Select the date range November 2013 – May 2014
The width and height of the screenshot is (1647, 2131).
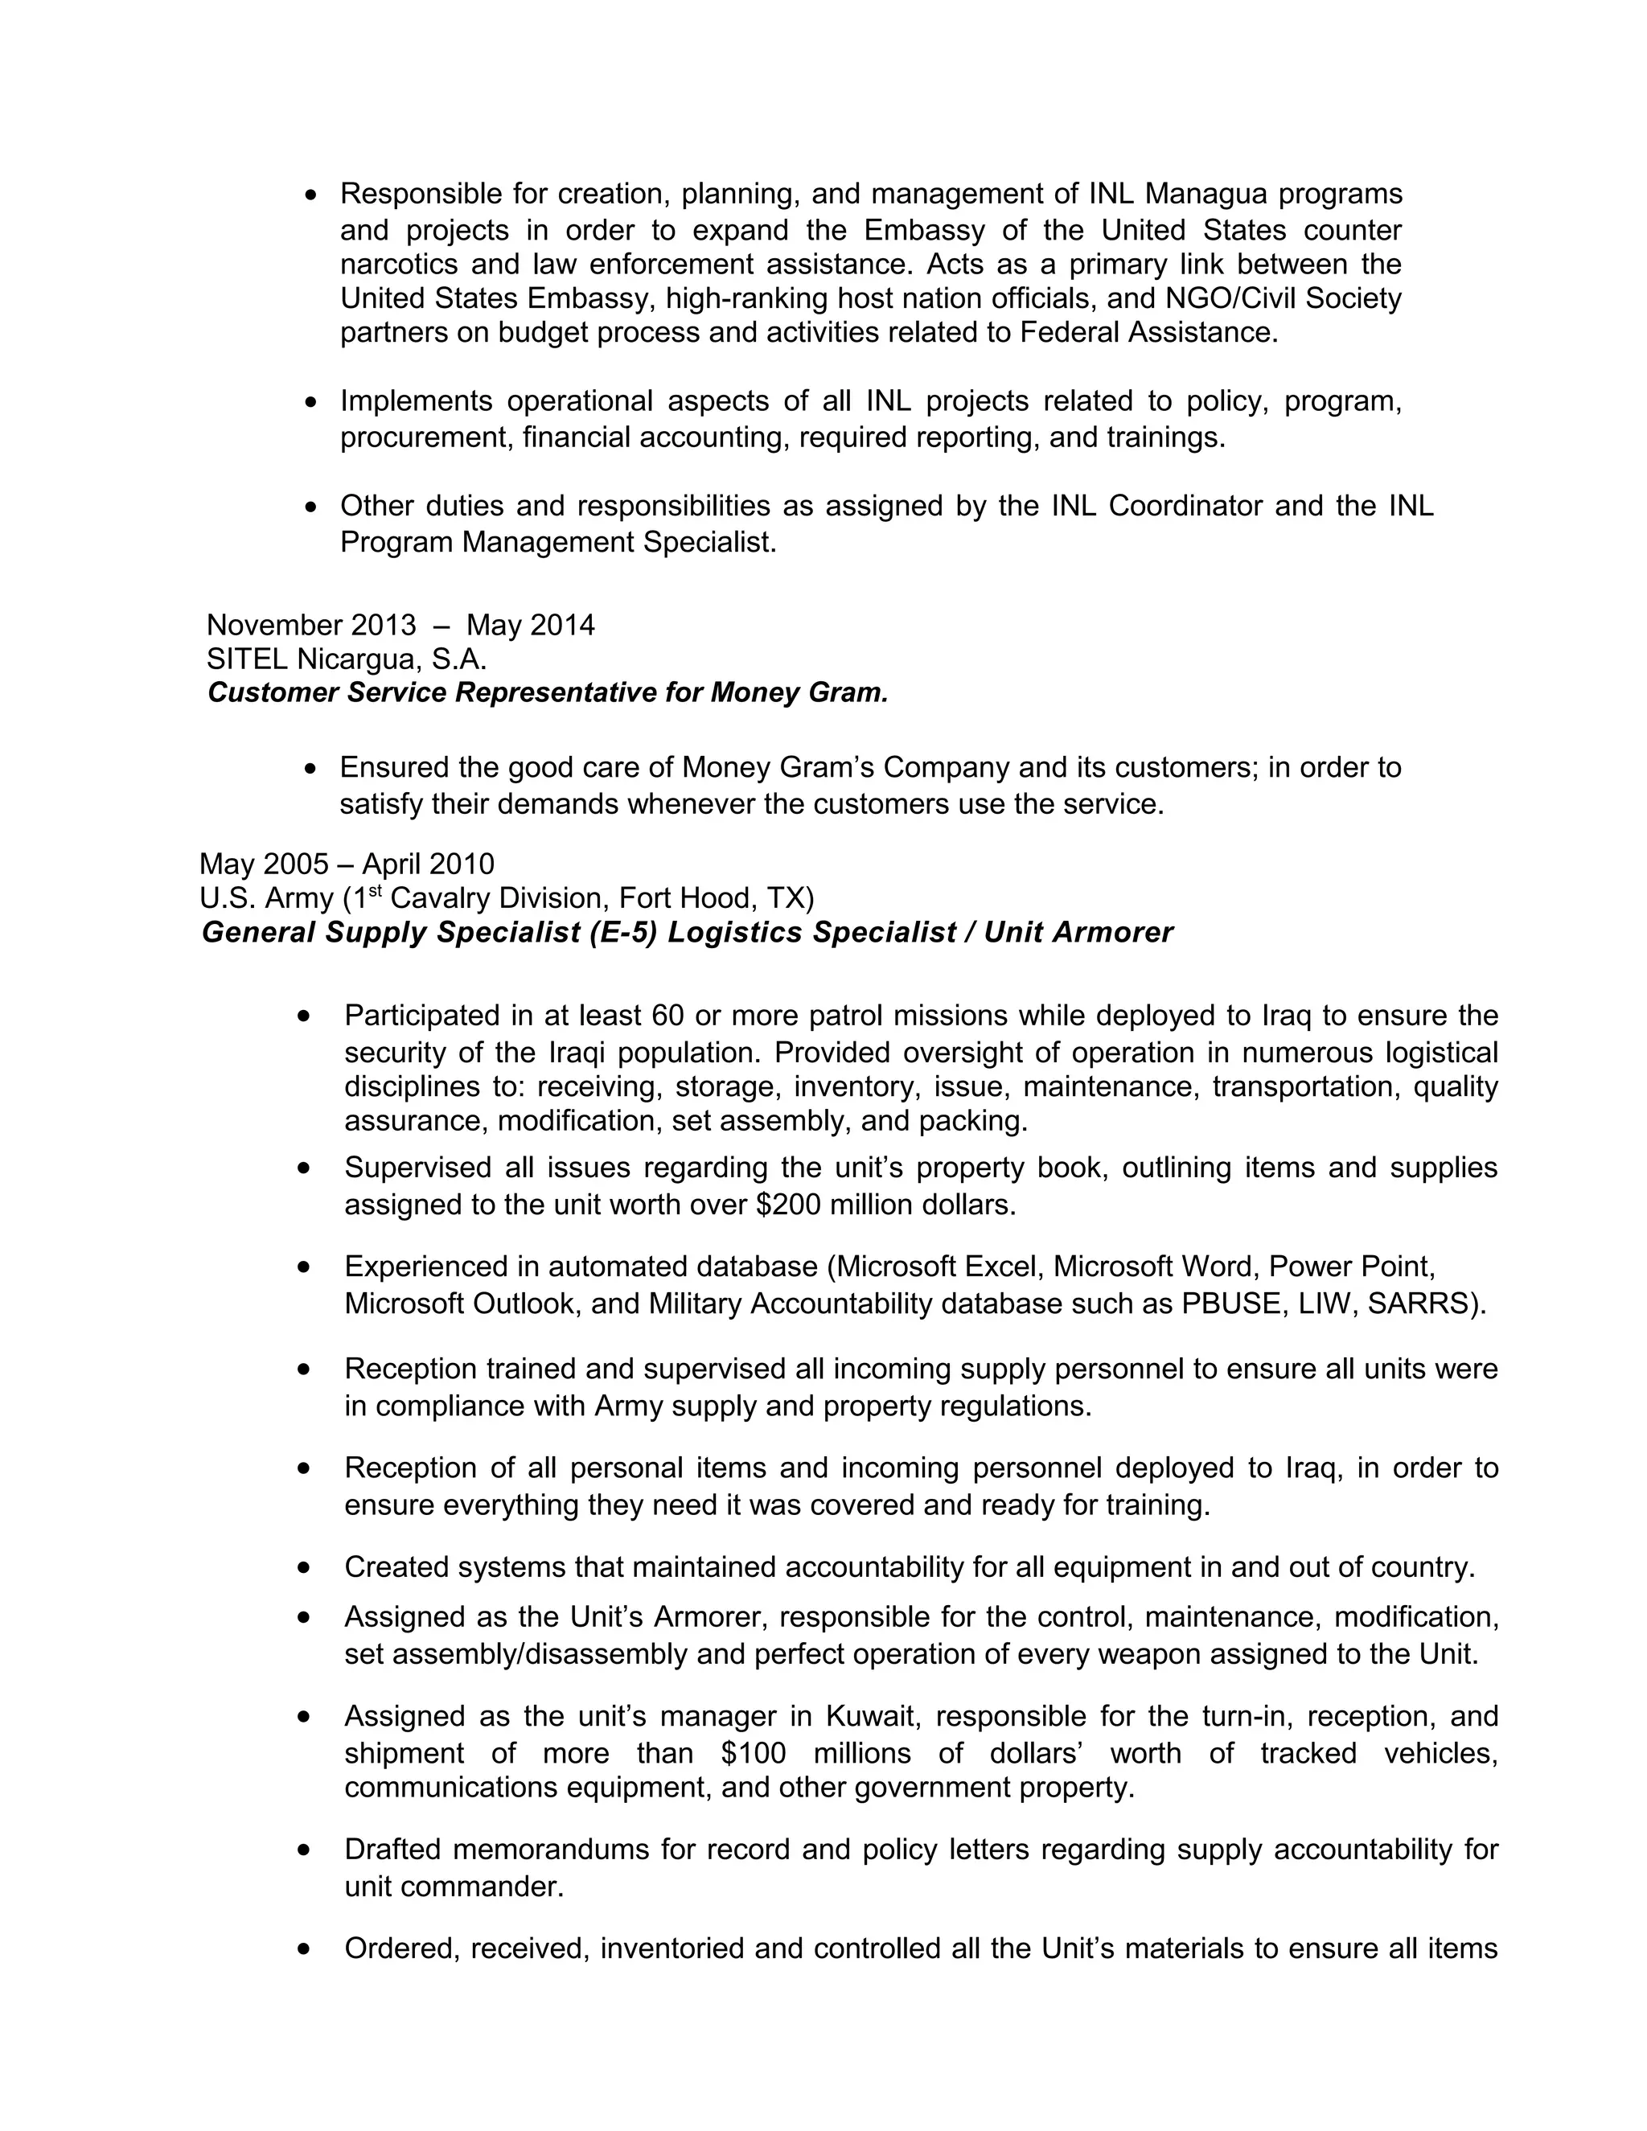pos(400,625)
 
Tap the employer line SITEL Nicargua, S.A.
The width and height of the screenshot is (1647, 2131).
pos(347,659)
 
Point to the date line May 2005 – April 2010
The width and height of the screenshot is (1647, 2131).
pos(347,864)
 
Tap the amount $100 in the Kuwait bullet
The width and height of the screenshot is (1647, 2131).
pos(754,1753)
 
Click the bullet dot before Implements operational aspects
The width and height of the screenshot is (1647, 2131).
pos(311,402)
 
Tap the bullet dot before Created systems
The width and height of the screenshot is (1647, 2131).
pos(306,1568)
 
